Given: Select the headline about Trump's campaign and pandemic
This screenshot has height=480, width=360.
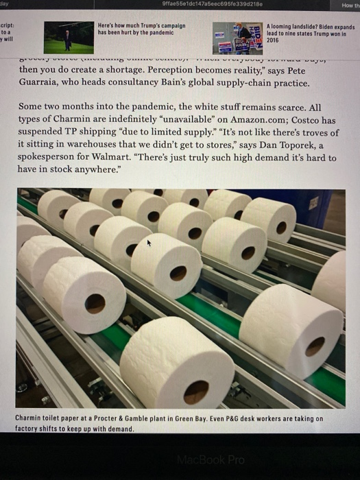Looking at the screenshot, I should click(140, 29).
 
